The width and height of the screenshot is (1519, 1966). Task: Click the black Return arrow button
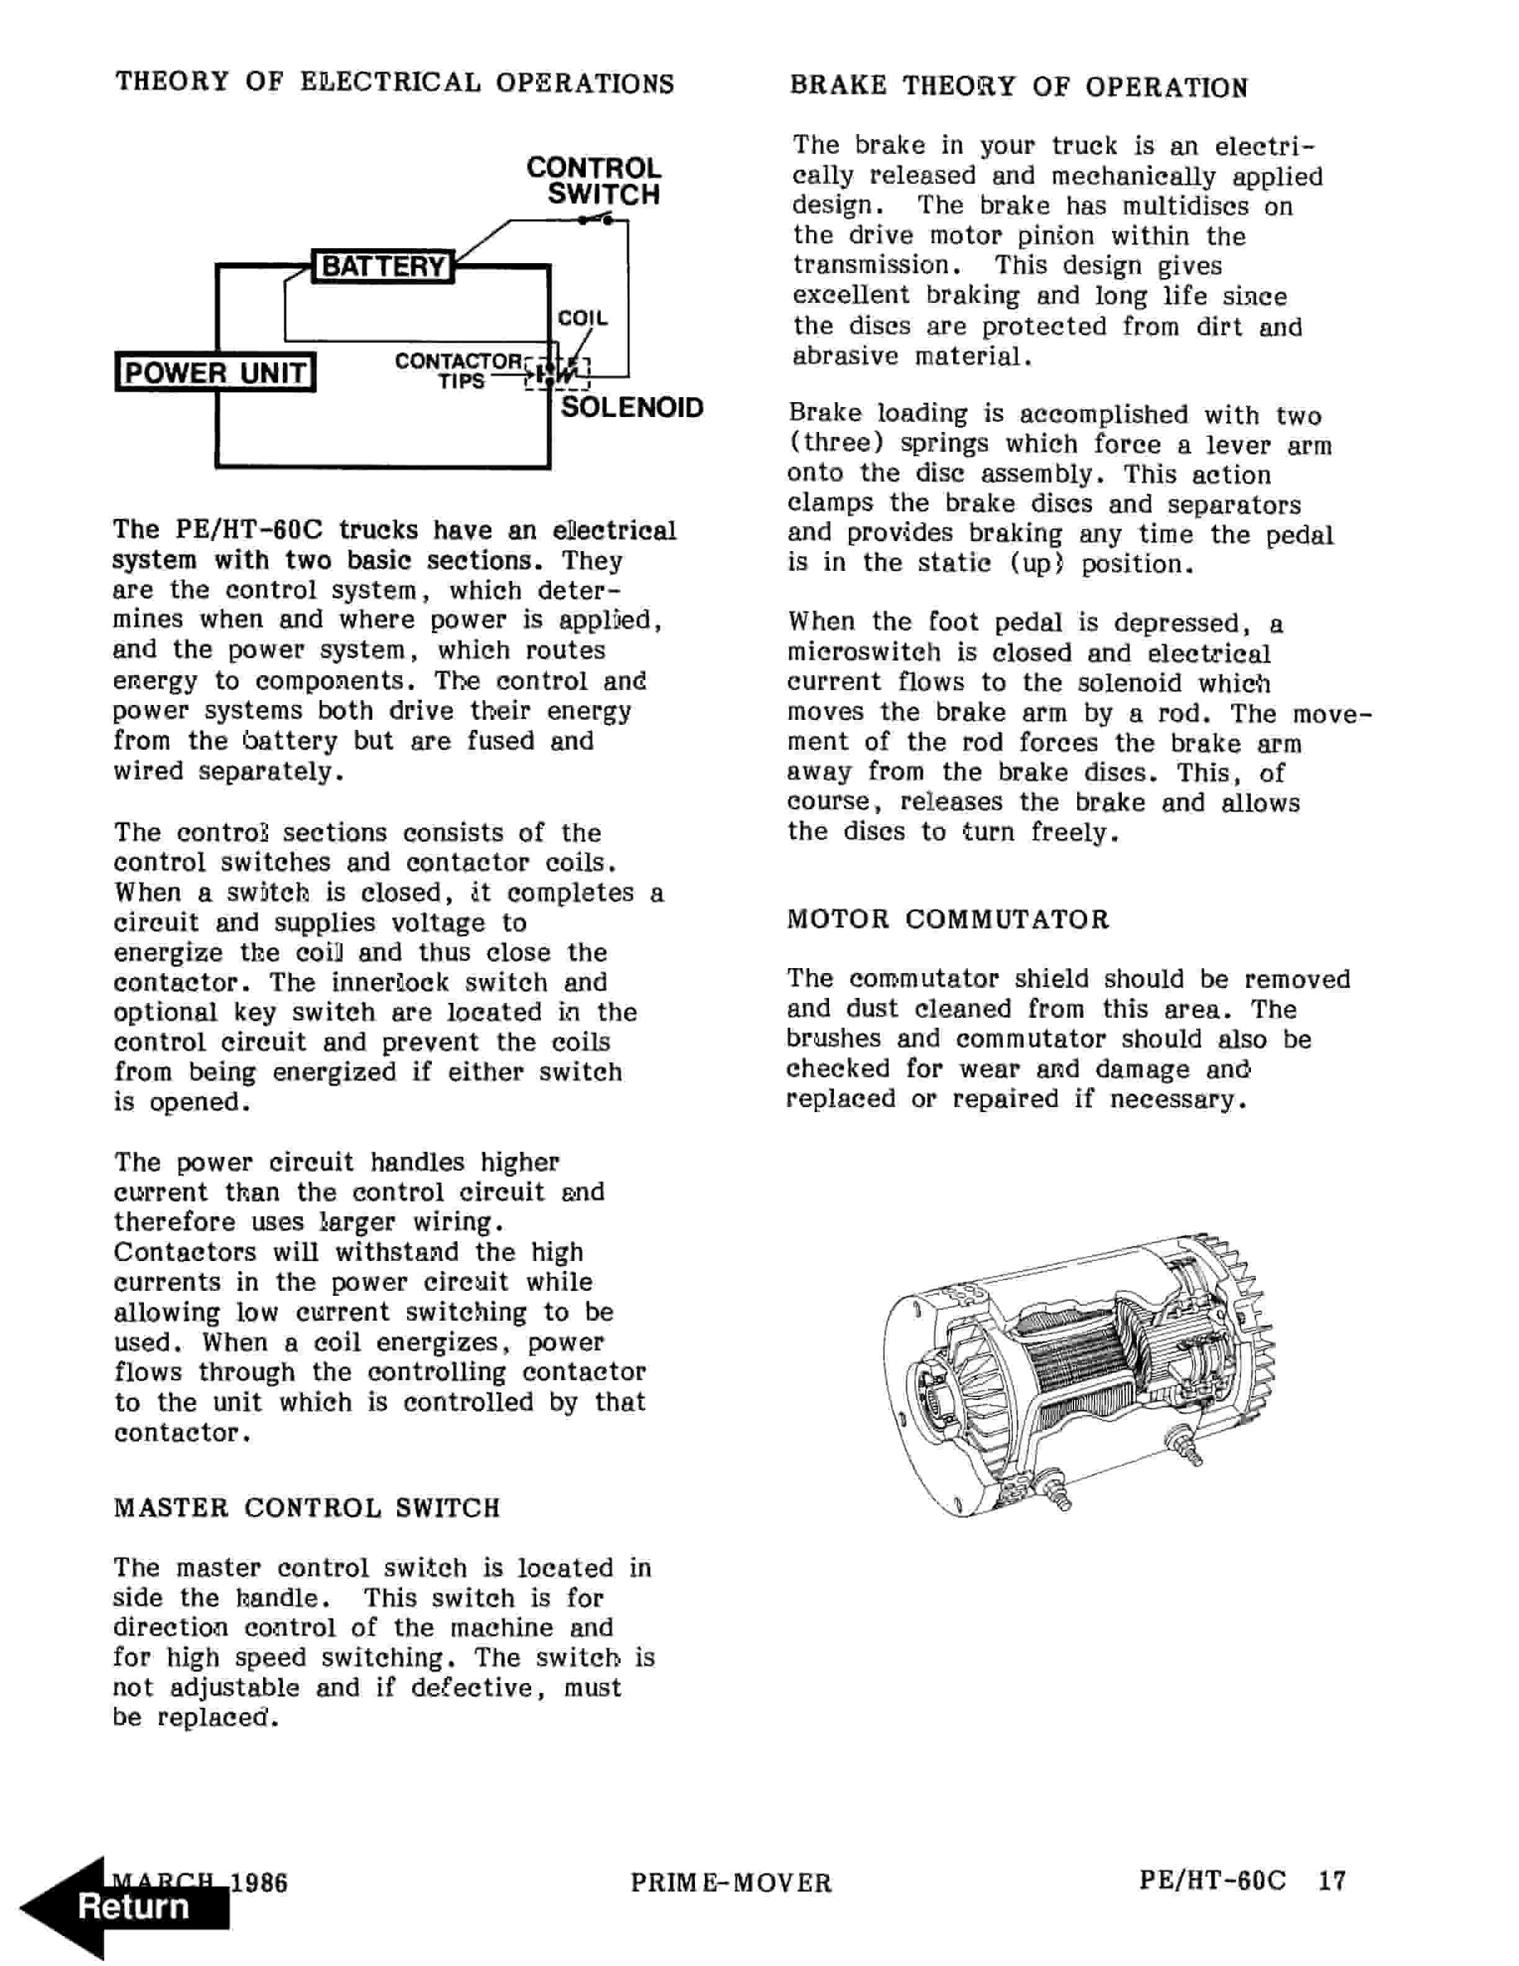[126, 1906]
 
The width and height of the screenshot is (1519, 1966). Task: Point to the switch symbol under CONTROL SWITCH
[599, 218]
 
